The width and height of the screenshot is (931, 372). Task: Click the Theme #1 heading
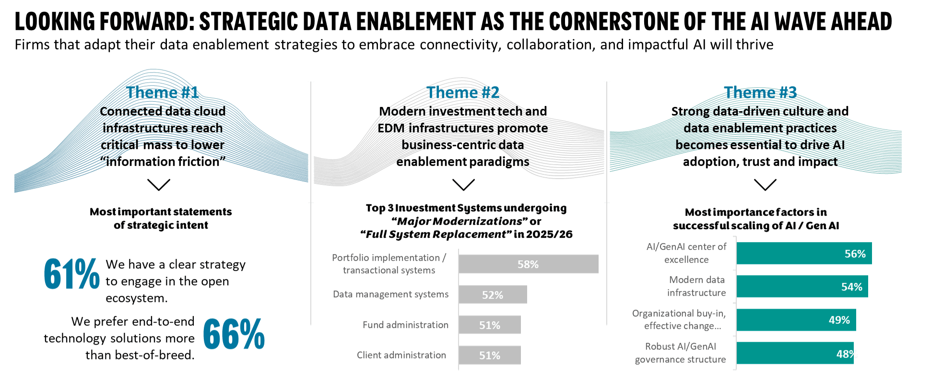click(163, 92)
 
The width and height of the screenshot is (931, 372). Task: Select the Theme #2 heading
click(463, 92)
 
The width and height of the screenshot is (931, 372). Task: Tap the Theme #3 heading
click(760, 92)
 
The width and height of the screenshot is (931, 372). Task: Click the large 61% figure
click(71, 274)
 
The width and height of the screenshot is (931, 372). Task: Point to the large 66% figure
click(234, 334)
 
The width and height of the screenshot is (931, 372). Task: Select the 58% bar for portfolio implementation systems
click(528, 264)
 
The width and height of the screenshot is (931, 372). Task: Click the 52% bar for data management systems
click(493, 295)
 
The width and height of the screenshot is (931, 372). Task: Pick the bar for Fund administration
click(489, 325)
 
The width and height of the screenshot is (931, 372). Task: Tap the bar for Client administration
click(489, 355)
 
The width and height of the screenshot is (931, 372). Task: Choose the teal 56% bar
click(804, 254)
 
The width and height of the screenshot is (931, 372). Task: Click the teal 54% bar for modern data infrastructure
click(802, 287)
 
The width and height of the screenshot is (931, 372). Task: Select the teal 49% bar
click(796, 320)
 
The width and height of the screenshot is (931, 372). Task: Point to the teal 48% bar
click(795, 354)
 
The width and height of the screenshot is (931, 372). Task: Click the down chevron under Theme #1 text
click(159, 185)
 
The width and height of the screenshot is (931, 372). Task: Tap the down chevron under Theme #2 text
click(463, 185)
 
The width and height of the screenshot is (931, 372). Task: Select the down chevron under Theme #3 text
click(765, 185)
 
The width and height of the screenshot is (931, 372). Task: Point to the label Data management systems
click(390, 294)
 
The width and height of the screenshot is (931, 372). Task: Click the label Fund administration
click(405, 325)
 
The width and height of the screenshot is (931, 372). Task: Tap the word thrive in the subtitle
click(754, 45)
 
